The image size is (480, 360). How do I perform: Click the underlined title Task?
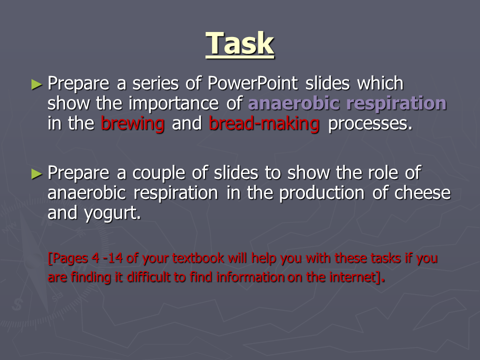pos(239,44)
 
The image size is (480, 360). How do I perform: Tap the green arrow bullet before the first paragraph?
pos(36,84)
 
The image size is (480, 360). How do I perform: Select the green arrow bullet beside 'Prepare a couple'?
pos(36,174)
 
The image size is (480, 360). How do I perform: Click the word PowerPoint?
pos(252,83)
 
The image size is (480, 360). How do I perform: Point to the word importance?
pos(173,103)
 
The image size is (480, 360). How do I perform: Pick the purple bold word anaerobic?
pos(293,103)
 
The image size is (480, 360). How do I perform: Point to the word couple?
pos(158,173)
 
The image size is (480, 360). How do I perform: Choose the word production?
pos(321,193)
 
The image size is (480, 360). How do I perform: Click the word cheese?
pos(422,193)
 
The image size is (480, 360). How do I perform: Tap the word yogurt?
pos(112,213)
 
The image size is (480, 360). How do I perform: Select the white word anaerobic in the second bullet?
pos(86,193)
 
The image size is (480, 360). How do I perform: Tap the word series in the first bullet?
pos(155,83)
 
